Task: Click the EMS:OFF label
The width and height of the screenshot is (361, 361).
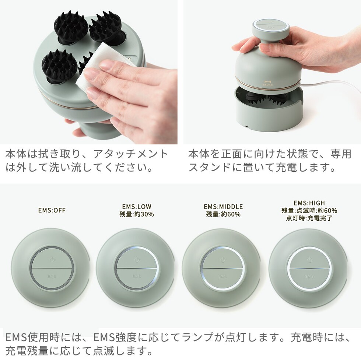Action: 52,210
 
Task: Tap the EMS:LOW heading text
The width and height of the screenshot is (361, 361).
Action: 137,206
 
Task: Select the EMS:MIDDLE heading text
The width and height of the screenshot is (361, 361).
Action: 223,206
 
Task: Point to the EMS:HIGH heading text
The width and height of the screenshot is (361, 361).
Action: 309,203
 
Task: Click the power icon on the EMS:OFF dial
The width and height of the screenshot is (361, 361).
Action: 52,260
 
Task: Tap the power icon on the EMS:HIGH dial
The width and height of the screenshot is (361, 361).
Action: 310,260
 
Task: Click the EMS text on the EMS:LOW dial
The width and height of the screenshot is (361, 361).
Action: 137,276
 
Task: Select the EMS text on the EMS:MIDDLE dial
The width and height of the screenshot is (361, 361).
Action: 222,276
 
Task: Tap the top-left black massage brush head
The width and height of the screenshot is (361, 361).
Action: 71,27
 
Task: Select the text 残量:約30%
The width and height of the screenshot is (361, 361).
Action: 137,214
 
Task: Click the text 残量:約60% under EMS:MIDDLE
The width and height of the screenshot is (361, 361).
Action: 223,214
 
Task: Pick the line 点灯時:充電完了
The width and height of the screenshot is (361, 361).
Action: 309,218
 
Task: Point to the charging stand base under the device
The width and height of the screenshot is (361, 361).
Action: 268,108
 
